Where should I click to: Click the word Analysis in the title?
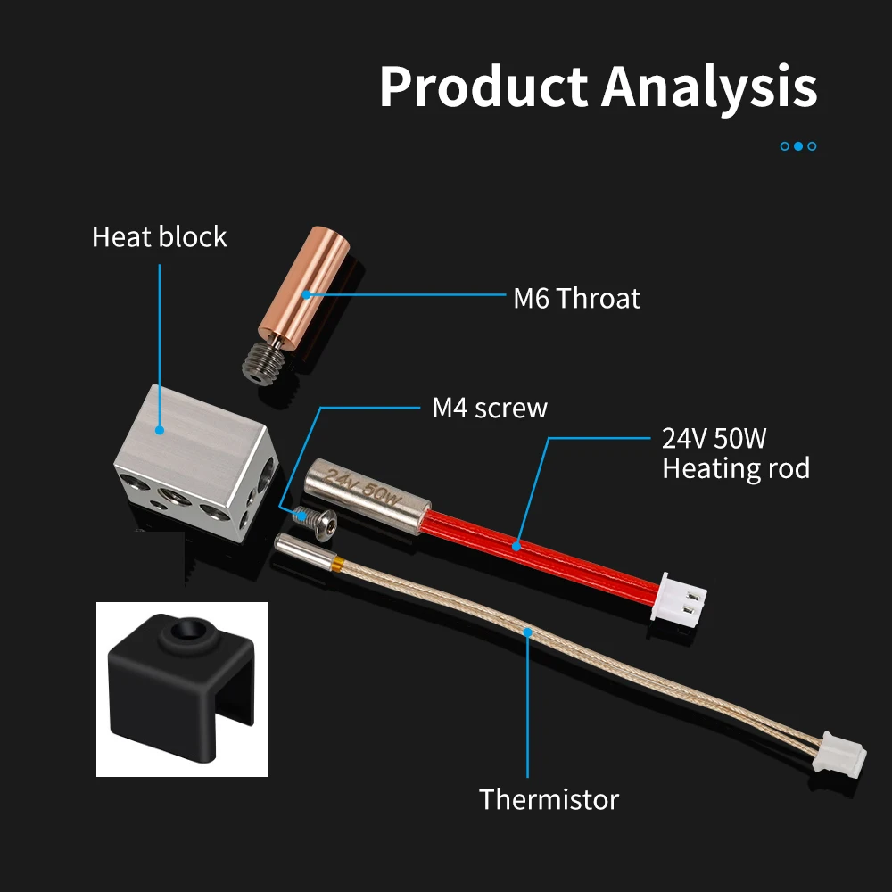tap(709, 87)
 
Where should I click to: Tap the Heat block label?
tap(159, 237)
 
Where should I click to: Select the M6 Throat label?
tap(576, 298)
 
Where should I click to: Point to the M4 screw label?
tap(489, 409)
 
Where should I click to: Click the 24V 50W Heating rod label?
tap(735, 453)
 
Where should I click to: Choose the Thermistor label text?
tap(549, 799)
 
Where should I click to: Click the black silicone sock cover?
tap(178, 687)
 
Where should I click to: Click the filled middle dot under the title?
tap(798, 145)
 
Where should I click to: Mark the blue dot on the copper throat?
tap(305, 293)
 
